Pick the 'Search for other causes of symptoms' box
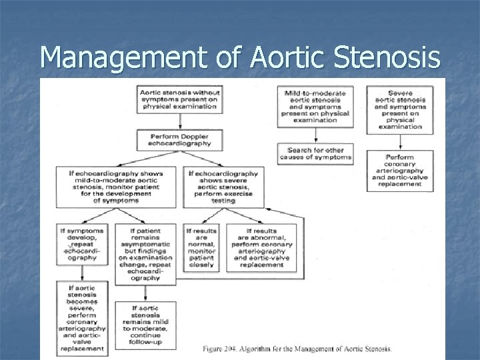coord(315,154)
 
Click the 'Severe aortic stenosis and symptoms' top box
coord(399,109)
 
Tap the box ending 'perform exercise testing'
coord(223,187)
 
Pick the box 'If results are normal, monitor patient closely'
coord(201,247)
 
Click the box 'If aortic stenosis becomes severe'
coord(82,317)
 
